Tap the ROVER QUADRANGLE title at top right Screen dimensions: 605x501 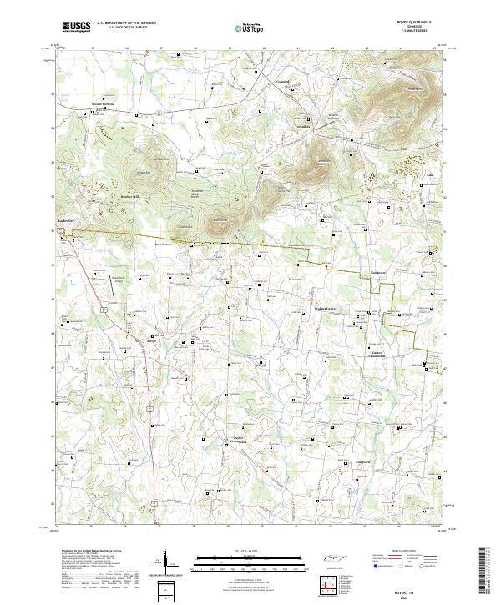[x=419, y=23]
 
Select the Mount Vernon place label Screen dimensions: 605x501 [x=102, y=104]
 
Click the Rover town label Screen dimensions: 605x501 [x=151, y=340]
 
